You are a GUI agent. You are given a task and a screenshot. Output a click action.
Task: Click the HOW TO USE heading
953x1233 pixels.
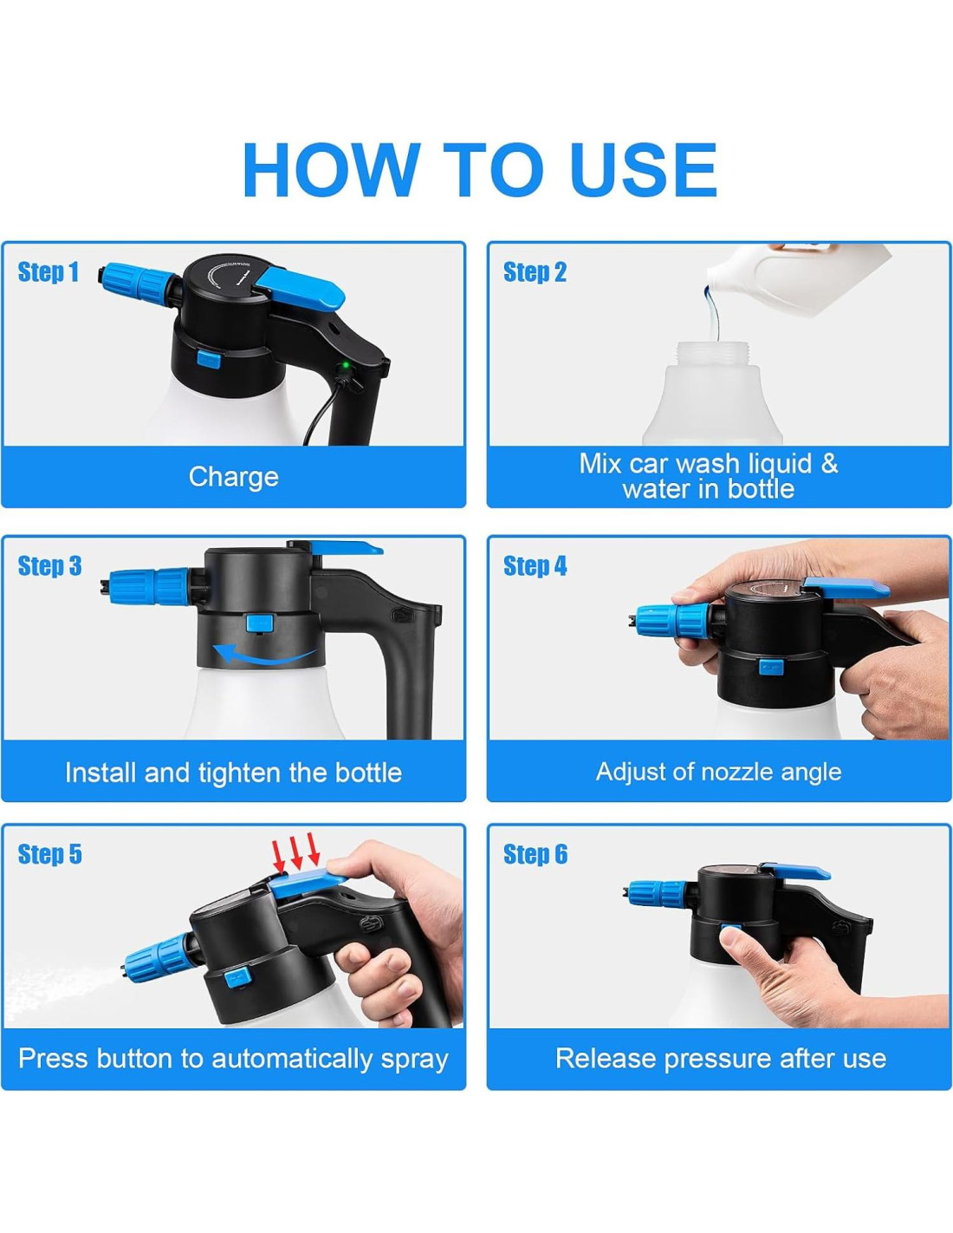(x=480, y=169)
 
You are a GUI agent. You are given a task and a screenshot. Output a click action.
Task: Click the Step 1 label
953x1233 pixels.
(x=49, y=271)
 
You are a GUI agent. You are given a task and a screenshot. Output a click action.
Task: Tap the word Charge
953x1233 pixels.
(x=234, y=477)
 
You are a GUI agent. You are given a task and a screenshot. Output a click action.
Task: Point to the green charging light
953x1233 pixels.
(x=344, y=365)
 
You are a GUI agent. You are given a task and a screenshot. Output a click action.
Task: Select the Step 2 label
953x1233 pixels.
(x=535, y=271)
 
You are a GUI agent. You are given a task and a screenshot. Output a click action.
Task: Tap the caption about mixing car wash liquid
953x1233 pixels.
(x=708, y=476)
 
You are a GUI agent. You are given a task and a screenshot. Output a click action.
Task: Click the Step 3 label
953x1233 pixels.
(x=49, y=565)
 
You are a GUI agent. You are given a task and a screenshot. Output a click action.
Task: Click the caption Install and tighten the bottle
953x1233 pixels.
(x=233, y=773)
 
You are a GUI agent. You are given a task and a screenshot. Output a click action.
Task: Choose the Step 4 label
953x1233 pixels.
(x=535, y=565)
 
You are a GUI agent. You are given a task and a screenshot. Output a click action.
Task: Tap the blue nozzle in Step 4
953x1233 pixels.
(x=671, y=622)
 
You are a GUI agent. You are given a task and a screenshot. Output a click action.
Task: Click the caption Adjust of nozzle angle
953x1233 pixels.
(x=718, y=772)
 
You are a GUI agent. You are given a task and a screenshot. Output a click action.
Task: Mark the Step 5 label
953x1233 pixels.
(x=49, y=854)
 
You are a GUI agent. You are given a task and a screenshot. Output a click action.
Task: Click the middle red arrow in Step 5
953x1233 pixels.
(x=295, y=852)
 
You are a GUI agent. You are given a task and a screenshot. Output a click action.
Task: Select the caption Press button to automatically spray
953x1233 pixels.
(x=233, y=1059)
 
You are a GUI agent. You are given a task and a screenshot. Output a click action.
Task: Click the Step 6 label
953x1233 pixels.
(x=535, y=854)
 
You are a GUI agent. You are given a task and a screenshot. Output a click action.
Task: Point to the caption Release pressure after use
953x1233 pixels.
(x=720, y=1059)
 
